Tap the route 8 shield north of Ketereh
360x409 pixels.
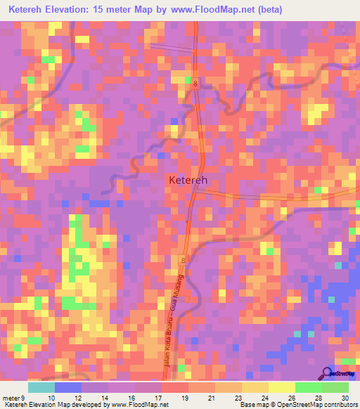pos(195,82)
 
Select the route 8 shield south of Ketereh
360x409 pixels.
pos(183,260)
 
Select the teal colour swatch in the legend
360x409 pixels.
pos(41,387)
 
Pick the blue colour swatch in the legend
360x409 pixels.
pos(67,387)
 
